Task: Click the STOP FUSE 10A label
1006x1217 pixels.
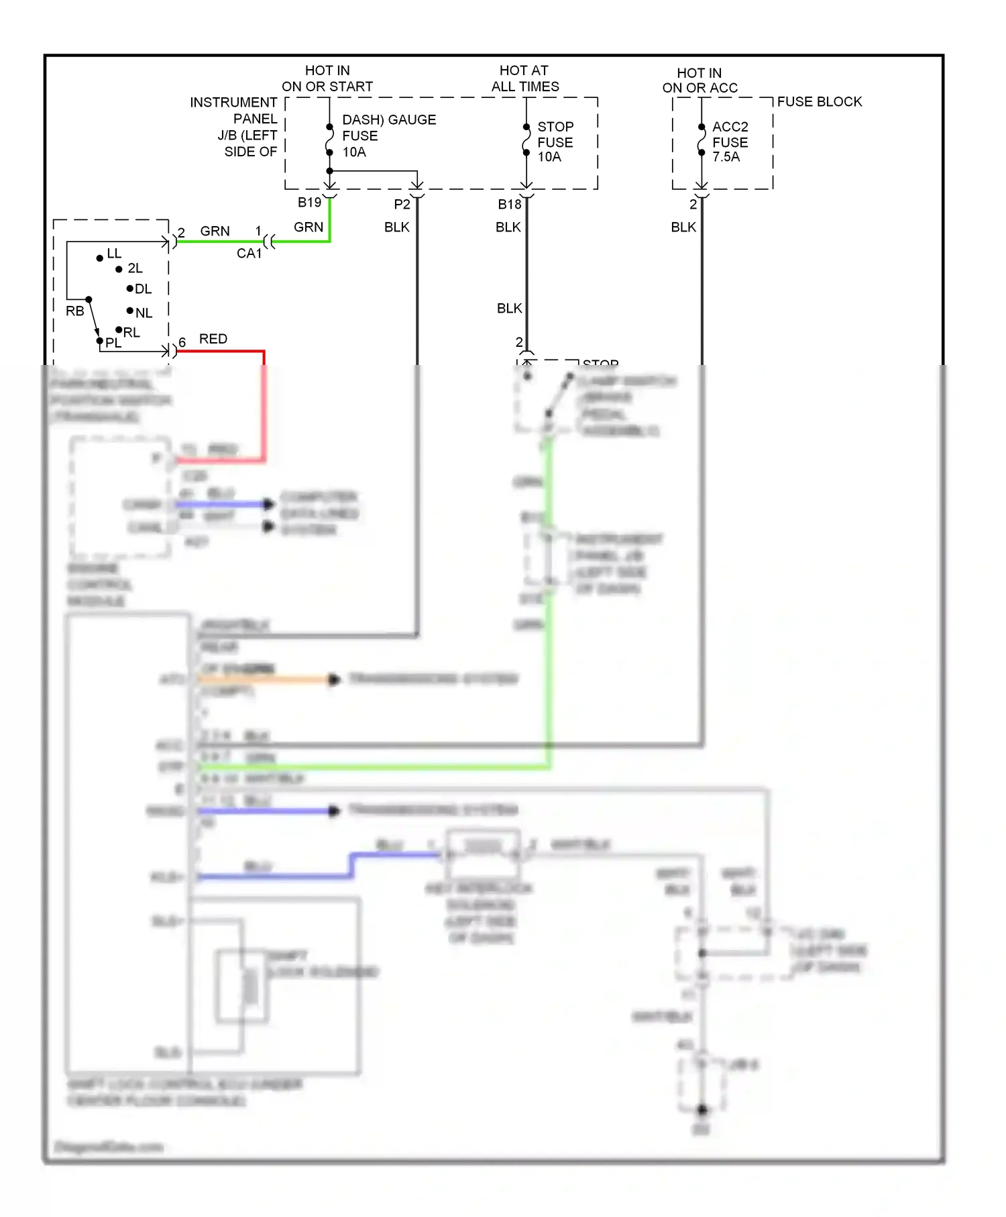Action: click(555, 142)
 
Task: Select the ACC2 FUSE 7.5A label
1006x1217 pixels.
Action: click(729, 142)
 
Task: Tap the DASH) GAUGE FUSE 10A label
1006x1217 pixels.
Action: click(388, 136)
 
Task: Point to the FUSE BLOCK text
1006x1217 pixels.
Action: click(819, 101)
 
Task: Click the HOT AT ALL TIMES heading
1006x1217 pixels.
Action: click(524, 78)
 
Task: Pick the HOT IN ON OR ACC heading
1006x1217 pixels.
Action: click(700, 80)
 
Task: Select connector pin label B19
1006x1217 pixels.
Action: click(309, 202)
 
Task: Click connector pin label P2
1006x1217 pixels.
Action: click(401, 204)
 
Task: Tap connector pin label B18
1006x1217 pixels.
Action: click(509, 204)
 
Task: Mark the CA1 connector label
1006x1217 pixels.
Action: click(249, 254)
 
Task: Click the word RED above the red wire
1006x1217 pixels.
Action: click(213, 339)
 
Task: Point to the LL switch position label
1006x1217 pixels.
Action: click(114, 254)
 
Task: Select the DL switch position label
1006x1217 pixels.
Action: click(143, 289)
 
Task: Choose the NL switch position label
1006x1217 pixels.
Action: click(144, 313)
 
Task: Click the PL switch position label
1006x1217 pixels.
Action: click(113, 343)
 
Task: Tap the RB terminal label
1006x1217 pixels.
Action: click(74, 311)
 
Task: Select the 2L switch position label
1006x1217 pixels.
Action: click(135, 268)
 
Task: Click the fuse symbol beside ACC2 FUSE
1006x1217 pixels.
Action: click(702, 140)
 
